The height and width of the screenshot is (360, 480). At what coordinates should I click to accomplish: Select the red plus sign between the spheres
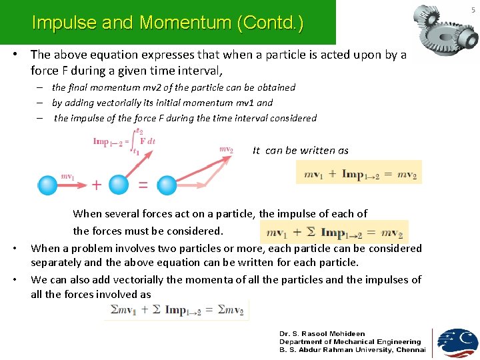tap(96, 185)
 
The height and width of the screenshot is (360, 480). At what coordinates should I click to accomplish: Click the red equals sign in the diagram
tap(143, 185)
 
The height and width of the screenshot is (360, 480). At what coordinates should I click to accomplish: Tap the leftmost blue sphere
tap(48, 185)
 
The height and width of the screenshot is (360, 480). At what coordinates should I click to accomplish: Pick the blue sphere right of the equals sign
tap(167, 185)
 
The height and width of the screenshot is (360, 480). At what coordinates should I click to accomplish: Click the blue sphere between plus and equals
tap(119, 185)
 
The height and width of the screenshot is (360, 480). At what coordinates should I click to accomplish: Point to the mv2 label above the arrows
tap(226, 149)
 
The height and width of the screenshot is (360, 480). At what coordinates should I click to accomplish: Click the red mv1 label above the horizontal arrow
tap(68, 176)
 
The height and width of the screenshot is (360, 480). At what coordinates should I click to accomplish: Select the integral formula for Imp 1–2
tap(125, 141)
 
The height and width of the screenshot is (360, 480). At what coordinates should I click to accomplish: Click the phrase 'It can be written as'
tap(301, 151)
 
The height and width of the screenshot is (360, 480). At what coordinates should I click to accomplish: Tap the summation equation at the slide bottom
tap(176, 309)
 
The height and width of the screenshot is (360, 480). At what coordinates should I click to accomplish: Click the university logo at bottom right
tap(457, 342)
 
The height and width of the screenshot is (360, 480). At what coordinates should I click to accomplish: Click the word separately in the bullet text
tap(55, 263)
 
